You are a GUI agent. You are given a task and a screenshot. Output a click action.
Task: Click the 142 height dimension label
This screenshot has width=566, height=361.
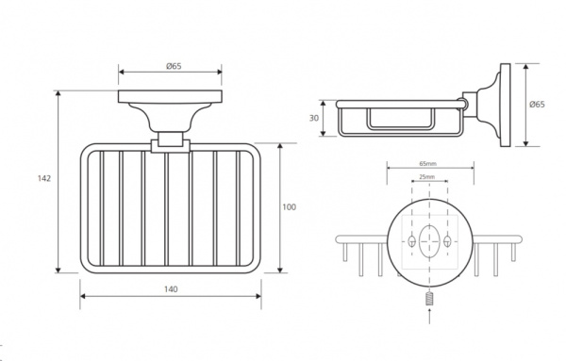tap(44, 178)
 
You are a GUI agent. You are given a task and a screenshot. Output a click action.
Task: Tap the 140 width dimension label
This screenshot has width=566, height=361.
tap(171, 289)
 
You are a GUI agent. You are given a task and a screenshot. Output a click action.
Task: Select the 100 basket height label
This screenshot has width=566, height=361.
tap(290, 207)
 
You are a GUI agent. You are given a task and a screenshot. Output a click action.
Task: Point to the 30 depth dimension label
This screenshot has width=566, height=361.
tap(314, 118)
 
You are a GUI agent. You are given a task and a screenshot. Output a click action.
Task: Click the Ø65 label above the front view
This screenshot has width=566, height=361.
tap(174, 66)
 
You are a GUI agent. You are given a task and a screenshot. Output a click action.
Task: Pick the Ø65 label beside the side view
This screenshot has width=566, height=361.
tap(537, 105)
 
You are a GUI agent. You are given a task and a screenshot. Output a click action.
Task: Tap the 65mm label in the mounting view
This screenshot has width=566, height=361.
tap(427, 164)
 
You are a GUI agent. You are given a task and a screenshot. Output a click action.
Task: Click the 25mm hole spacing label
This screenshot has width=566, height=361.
tap(427, 177)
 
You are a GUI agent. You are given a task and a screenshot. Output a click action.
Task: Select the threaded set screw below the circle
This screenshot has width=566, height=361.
tap(429, 298)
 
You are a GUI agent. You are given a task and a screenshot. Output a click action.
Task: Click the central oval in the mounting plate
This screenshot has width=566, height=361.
tap(429, 241)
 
